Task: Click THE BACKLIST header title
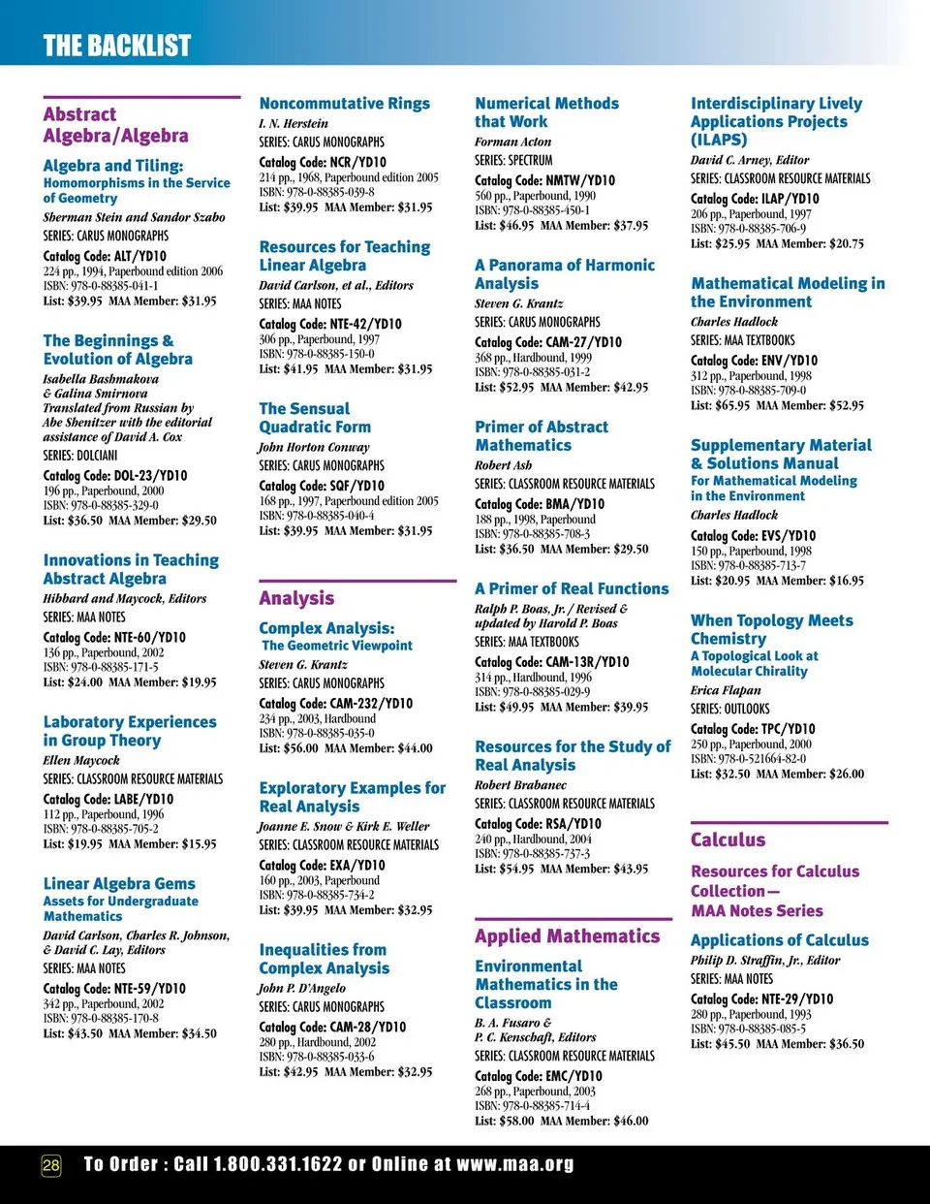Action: [116, 46]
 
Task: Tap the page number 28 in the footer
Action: [50, 1164]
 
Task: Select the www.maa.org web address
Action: [514, 1164]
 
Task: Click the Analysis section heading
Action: [296, 598]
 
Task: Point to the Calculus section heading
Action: [728, 840]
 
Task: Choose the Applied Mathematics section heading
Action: [567, 935]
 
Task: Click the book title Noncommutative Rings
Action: [344, 104]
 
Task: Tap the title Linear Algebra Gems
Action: [119, 884]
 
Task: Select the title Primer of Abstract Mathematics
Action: [541, 436]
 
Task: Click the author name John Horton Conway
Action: [314, 447]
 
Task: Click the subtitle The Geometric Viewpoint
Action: [336, 646]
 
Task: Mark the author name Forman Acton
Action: [512, 142]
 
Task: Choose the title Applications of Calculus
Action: [779, 940]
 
